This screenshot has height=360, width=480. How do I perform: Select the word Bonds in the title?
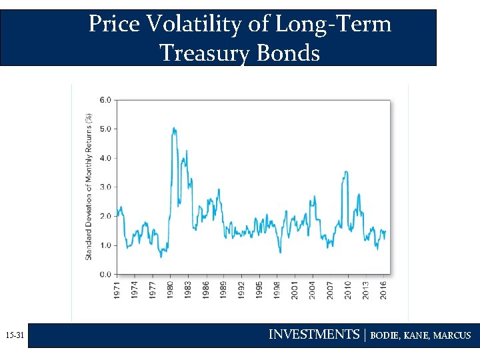point(291,52)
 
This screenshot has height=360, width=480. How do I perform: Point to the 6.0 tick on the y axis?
point(105,100)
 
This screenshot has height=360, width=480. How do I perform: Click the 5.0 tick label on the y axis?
point(105,129)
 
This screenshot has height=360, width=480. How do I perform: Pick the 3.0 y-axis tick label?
point(105,187)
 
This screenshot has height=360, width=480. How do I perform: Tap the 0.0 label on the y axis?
point(105,274)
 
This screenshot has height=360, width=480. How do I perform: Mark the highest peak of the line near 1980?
point(173,128)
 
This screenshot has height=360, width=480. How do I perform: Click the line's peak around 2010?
point(345,172)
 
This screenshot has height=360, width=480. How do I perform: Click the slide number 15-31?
point(14,336)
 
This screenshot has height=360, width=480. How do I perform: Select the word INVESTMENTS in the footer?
point(313,335)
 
